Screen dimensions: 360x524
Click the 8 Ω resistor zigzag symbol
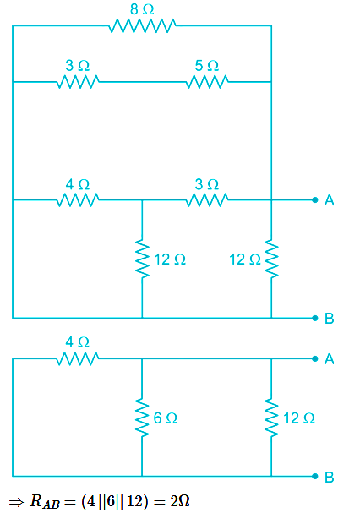[142, 25]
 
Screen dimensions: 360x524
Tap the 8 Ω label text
[142, 9]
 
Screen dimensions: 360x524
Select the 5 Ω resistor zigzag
[207, 81]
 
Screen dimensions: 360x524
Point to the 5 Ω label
[207, 66]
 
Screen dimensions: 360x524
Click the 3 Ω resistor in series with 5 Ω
[78, 81]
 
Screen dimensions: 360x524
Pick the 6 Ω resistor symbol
[142, 418]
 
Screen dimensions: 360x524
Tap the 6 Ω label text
[166, 418]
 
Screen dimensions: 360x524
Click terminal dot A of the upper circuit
[315, 199]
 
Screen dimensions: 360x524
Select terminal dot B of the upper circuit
[315, 318]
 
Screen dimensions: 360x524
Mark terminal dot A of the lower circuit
[315, 358]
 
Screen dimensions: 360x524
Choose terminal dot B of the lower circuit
[315, 476]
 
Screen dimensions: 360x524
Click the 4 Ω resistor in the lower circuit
[78, 358]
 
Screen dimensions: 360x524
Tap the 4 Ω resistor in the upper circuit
[78, 199]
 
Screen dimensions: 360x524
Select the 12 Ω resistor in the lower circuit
[271, 418]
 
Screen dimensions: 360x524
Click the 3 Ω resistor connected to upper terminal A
[207, 199]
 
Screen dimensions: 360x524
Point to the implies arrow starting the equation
[16, 502]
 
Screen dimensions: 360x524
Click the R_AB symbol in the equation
[45, 502]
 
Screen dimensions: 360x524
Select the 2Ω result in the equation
[180, 501]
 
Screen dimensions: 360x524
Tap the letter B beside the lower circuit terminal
[330, 477]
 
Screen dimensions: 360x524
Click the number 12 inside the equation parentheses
[135, 501]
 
